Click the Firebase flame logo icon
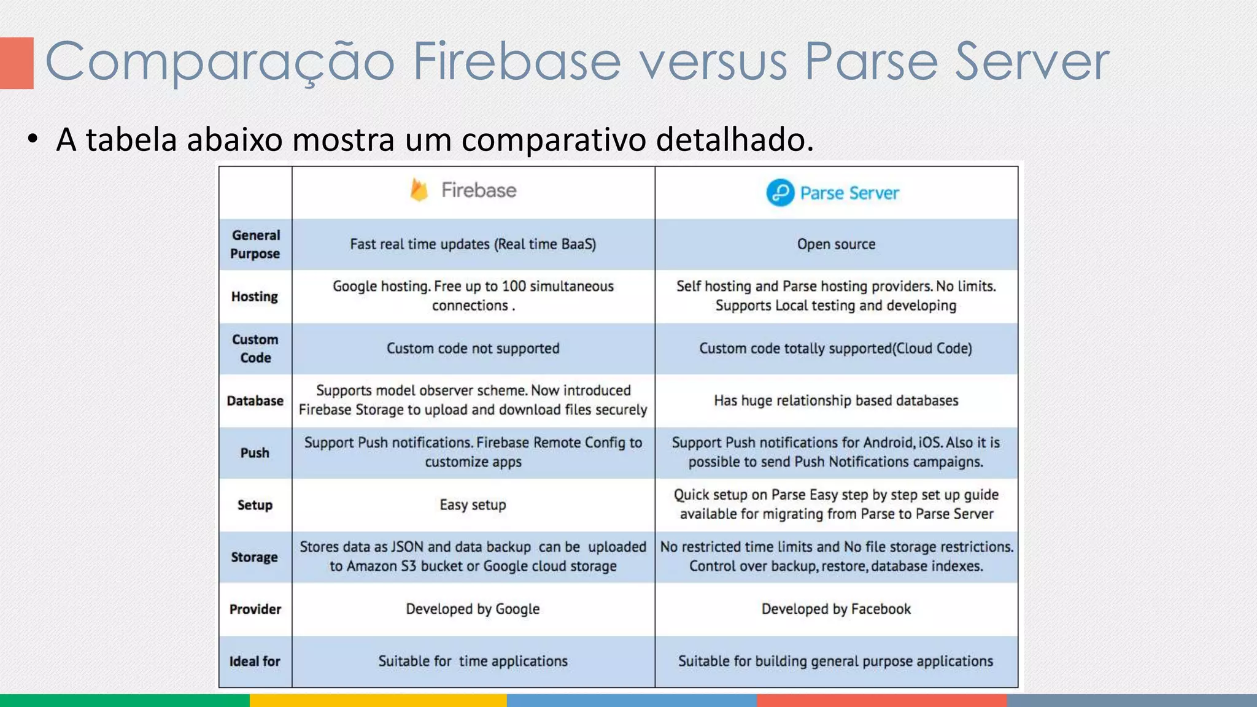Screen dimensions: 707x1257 tap(419, 190)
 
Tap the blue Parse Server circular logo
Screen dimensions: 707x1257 tap(780, 193)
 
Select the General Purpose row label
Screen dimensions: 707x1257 tap(255, 244)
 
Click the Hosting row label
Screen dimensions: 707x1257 tap(255, 296)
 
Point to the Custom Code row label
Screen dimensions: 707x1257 tap(255, 349)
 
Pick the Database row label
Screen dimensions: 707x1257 tap(255, 401)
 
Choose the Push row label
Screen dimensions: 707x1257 tap(255, 453)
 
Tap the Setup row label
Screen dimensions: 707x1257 tap(255, 505)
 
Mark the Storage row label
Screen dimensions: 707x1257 tap(255, 557)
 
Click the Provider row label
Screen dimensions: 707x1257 tap(255, 609)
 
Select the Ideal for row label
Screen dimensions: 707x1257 tap(255, 662)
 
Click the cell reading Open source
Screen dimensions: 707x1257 tap(836, 244)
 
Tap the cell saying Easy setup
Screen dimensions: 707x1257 tap(473, 505)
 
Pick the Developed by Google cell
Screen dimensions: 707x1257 tap(473, 609)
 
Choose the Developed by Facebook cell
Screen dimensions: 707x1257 tap(836, 609)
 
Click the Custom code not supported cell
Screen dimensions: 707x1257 tap(473, 349)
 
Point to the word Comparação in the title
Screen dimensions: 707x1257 tap(220, 62)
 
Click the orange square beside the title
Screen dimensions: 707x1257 tap(17, 63)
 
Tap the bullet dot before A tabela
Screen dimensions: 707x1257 tap(33, 139)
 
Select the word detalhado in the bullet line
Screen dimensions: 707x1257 tap(734, 139)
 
